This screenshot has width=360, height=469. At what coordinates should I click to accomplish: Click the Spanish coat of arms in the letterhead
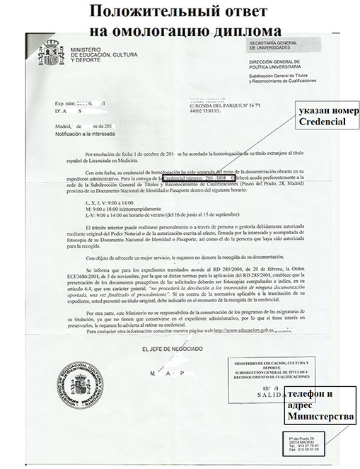[51, 54]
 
